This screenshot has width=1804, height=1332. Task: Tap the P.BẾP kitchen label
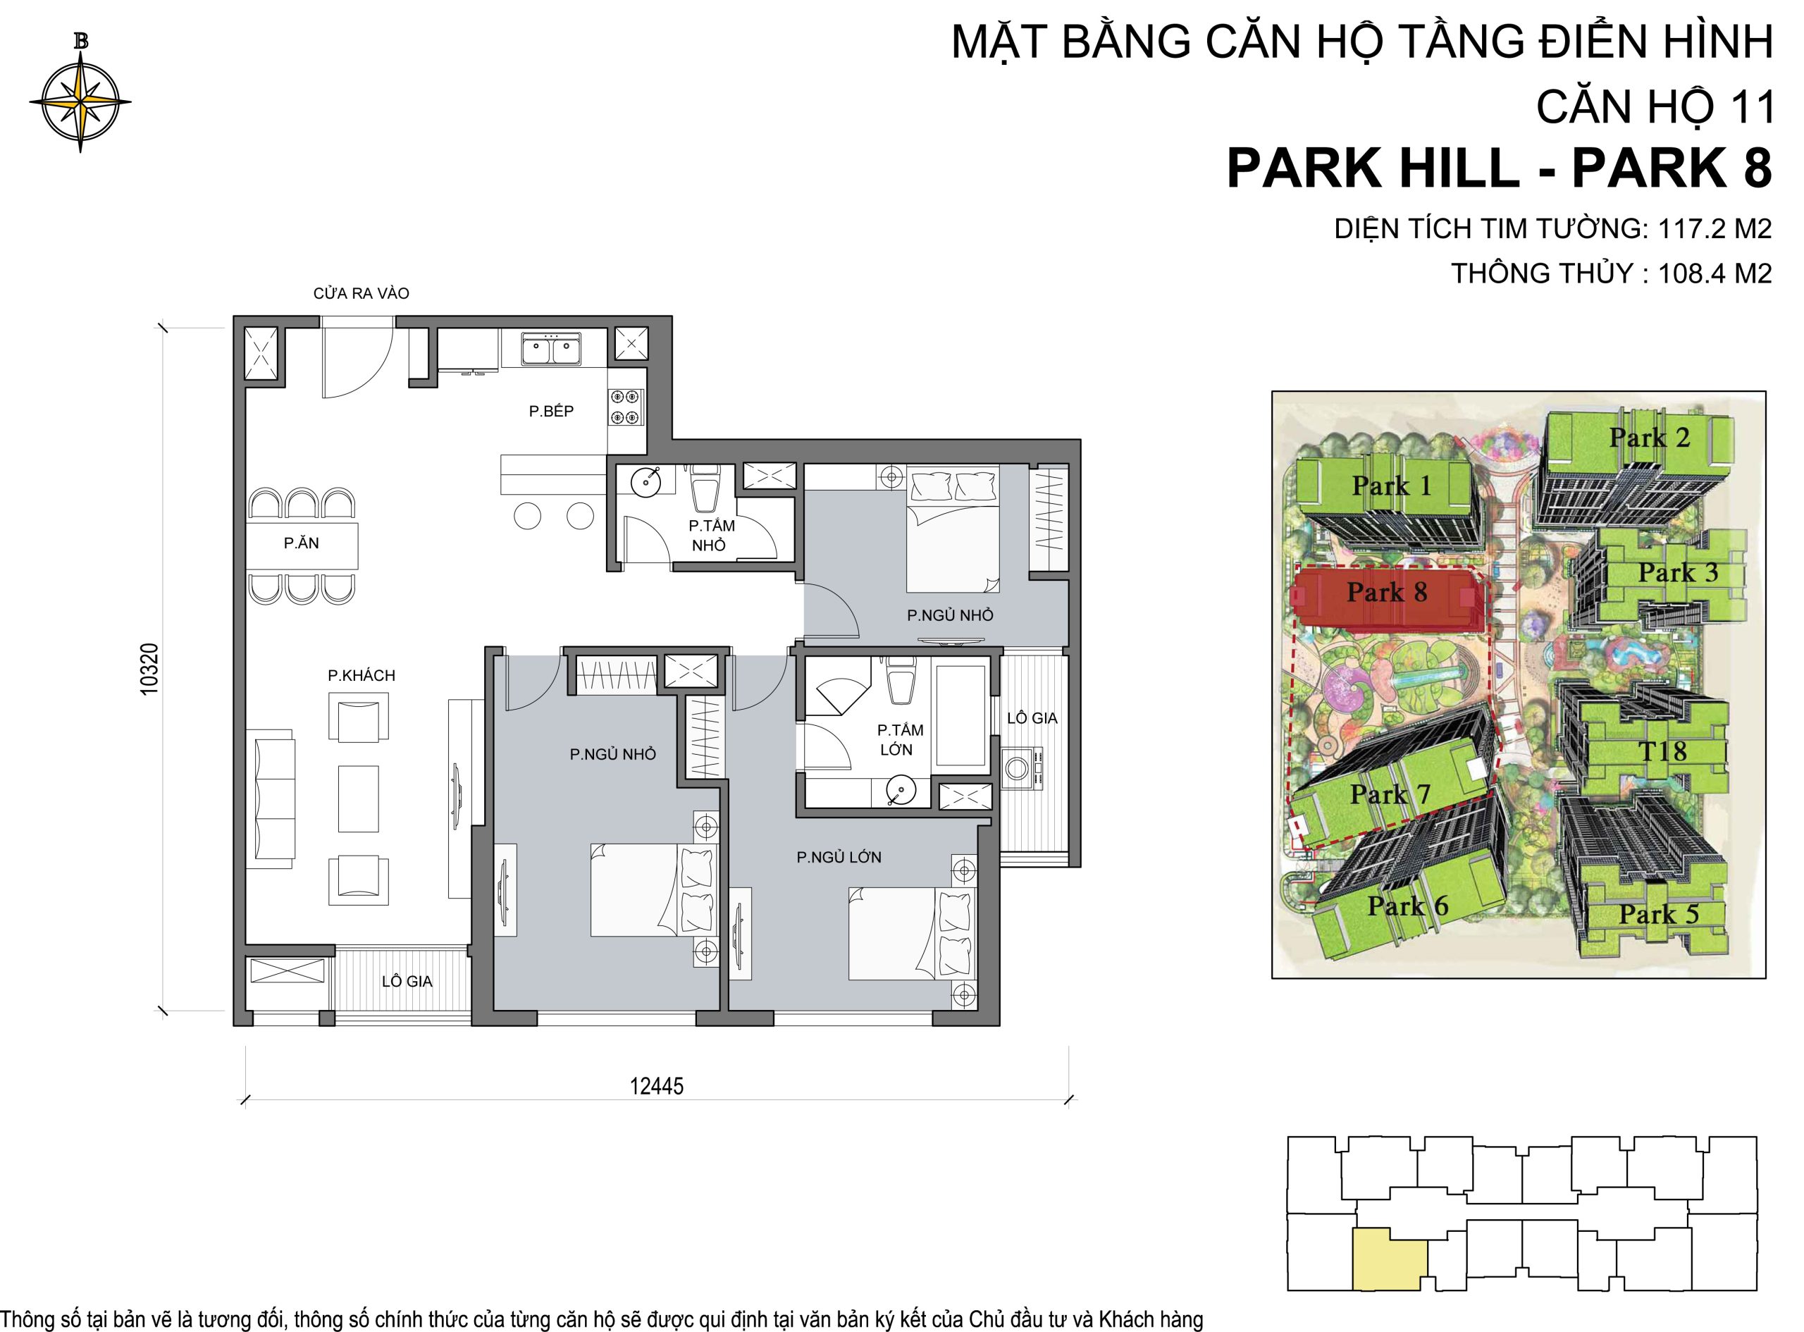tap(551, 411)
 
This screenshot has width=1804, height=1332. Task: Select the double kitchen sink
tap(550, 349)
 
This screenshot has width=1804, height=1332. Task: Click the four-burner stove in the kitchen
tap(627, 407)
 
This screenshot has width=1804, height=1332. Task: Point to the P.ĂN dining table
tap(302, 543)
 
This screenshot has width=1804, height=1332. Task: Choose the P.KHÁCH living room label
tap(361, 676)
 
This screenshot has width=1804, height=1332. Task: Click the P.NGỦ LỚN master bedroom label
tap(839, 857)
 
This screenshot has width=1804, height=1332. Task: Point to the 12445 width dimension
tap(656, 1086)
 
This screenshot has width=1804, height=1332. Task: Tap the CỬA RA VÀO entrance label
tap(361, 293)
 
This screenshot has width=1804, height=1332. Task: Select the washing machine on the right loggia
tap(1022, 768)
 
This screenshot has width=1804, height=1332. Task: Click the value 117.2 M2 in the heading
tap(1715, 229)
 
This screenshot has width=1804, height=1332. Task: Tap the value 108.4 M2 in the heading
tap(1715, 273)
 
